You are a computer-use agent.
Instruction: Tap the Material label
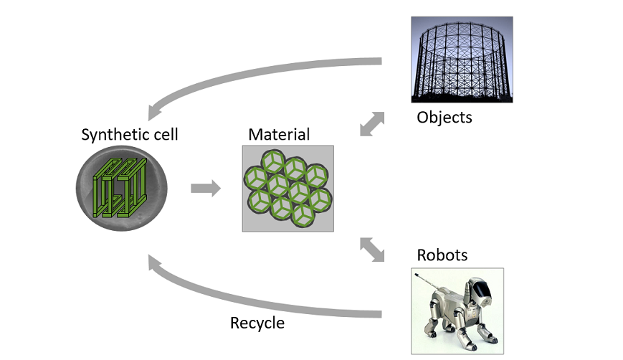click(279, 134)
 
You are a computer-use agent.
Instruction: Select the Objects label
click(444, 117)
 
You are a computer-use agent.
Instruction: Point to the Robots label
click(442, 255)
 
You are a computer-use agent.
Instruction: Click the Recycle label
click(257, 323)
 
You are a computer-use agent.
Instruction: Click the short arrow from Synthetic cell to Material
click(206, 189)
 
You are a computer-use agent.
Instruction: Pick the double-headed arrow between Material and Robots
click(371, 249)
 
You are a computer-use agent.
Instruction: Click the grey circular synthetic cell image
click(120, 189)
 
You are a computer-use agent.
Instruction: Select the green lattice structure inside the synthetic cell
click(120, 189)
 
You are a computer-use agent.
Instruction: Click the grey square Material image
click(287, 189)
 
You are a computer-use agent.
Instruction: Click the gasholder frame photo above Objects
click(462, 60)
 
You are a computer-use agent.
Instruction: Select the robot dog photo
click(457, 311)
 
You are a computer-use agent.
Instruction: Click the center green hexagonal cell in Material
click(289, 188)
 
